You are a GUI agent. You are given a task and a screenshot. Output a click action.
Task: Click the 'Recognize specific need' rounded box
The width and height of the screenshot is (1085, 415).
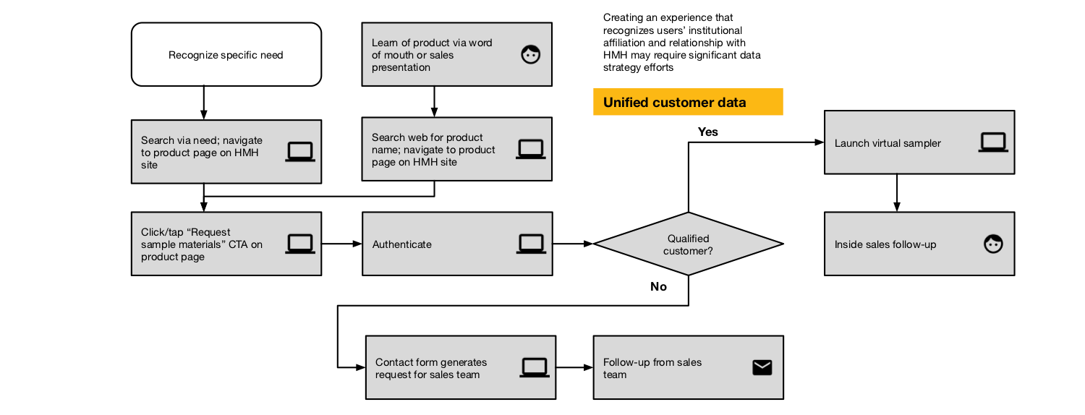point(226,54)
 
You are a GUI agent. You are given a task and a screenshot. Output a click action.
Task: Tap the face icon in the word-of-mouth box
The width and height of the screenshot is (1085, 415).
point(530,54)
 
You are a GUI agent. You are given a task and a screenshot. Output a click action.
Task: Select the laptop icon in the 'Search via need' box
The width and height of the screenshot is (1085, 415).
point(300,152)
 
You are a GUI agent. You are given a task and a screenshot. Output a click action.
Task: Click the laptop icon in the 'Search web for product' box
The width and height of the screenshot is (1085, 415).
point(530,149)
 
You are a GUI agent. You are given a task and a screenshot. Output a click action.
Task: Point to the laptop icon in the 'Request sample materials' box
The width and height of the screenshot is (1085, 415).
point(300,244)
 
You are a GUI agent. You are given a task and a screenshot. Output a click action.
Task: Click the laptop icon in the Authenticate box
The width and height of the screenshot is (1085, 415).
point(531,244)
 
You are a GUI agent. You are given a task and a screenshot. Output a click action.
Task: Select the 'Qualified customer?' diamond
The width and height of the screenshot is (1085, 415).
point(689,244)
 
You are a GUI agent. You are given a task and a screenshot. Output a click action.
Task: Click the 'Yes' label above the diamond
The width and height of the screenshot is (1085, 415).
point(707,132)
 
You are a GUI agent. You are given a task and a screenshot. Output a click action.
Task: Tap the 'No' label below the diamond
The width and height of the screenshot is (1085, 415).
point(658,287)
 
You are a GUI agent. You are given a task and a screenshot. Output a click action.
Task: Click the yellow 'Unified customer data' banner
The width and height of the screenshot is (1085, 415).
point(688,102)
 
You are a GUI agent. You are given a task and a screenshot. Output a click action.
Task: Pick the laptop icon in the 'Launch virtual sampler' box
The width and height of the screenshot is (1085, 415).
point(993,142)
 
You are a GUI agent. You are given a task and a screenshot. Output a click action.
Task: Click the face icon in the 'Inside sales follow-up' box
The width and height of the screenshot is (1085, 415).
point(993,244)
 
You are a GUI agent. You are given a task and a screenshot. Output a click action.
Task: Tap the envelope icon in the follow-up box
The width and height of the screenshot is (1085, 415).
point(762,367)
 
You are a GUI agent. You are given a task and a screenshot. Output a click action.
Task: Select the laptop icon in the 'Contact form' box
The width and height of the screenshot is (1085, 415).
point(535,367)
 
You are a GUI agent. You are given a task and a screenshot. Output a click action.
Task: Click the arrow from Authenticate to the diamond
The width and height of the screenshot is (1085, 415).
point(573,244)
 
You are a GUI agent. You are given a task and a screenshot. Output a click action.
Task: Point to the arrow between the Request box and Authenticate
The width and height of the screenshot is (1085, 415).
point(342,244)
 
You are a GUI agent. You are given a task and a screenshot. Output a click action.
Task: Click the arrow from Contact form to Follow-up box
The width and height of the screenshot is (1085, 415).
point(575,367)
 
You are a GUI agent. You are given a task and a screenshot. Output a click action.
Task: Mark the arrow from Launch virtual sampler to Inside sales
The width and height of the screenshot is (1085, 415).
point(897,193)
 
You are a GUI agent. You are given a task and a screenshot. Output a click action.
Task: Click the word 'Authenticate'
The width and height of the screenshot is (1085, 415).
point(401,244)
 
